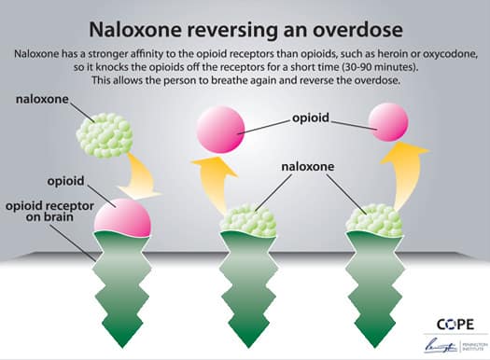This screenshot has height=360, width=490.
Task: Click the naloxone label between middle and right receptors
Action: (x=308, y=169)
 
